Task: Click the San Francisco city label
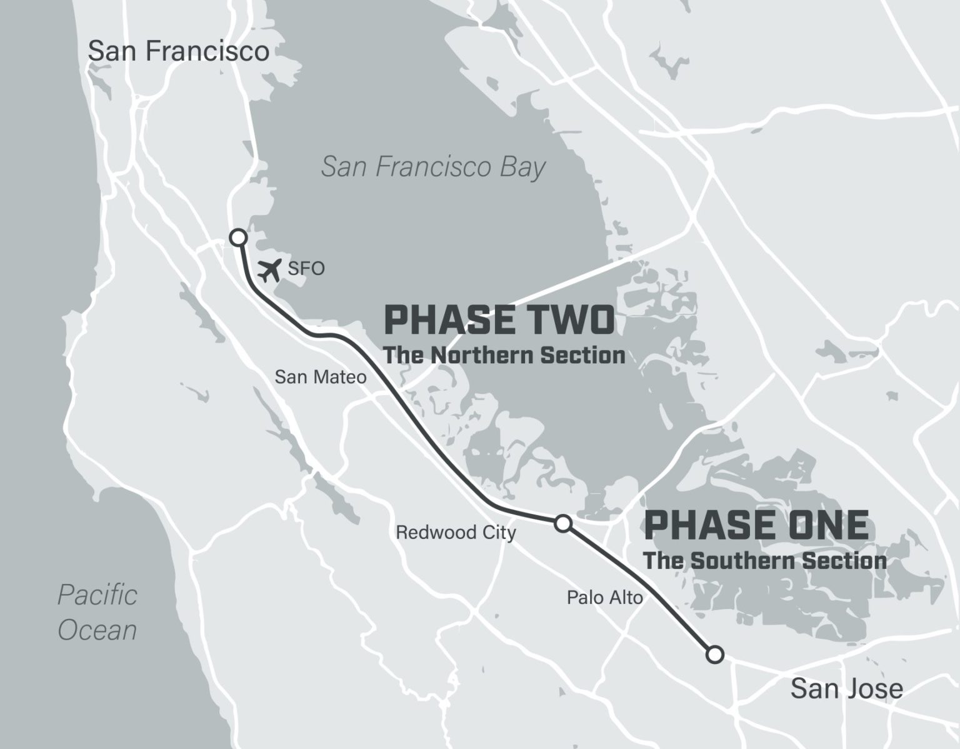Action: (x=178, y=51)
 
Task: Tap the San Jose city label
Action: (x=846, y=688)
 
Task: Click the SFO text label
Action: (x=306, y=269)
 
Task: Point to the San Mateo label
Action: (x=321, y=377)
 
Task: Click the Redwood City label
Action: (x=456, y=533)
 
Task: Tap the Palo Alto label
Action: (x=604, y=598)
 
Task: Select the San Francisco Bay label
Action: (x=433, y=168)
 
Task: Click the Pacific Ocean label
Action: (x=97, y=612)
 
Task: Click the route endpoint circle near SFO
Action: (x=237, y=237)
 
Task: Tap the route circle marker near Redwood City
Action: (x=562, y=523)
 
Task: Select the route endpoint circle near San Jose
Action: (x=715, y=654)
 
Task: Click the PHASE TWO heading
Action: (x=499, y=320)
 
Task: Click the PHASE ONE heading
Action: (x=756, y=525)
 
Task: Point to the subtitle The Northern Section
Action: (x=504, y=355)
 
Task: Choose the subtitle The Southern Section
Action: (x=765, y=560)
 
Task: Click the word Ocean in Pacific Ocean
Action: (x=97, y=630)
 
